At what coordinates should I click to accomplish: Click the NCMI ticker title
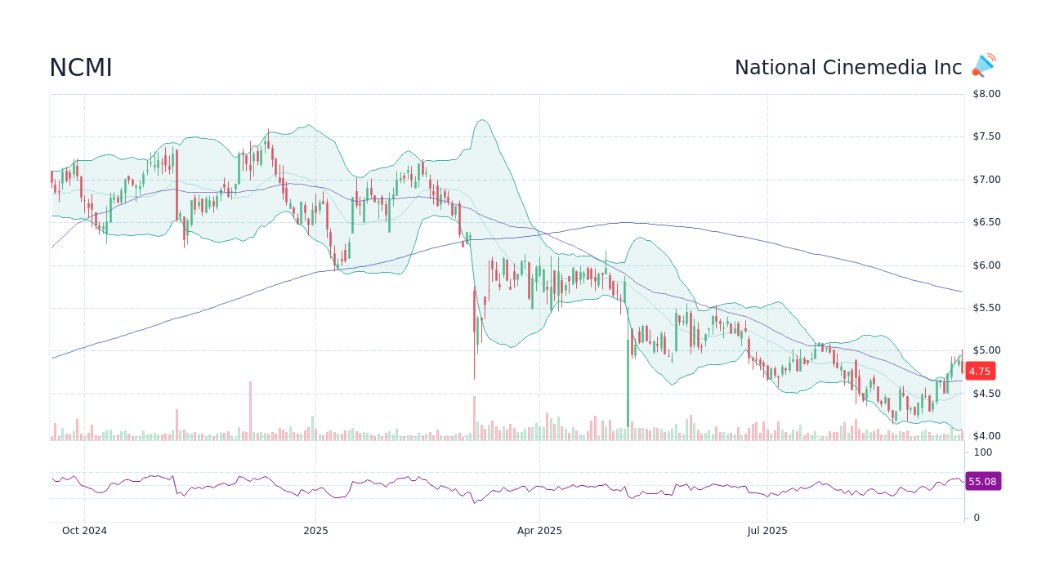(x=80, y=69)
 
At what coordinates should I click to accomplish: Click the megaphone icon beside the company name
(x=984, y=65)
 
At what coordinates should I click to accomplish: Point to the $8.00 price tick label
(x=986, y=94)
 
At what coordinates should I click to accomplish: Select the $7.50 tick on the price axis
(x=986, y=136)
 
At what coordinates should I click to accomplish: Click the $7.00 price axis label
(x=986, y=180)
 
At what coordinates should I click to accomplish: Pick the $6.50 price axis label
(x=986, y=222)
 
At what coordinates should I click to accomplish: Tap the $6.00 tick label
(x=986, y=265)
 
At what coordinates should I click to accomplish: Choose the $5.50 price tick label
(x=986, y=308)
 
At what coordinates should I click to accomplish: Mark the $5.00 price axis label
(x=986, y=351)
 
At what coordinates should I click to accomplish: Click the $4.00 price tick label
(x=986, y=436)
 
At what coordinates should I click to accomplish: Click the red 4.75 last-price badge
(x=980, y=371)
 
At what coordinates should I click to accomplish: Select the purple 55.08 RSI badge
(x=982, y=482)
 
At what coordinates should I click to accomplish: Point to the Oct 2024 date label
(x=84, y=531)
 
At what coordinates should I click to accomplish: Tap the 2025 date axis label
(x=315, y=531)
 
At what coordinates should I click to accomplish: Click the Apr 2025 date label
(x=539, y=531)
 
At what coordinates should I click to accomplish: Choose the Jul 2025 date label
(x=767, y=531)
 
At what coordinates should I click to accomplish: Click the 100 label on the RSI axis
(x=983, y=452)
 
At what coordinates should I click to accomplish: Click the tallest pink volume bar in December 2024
(x=250, y=411)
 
